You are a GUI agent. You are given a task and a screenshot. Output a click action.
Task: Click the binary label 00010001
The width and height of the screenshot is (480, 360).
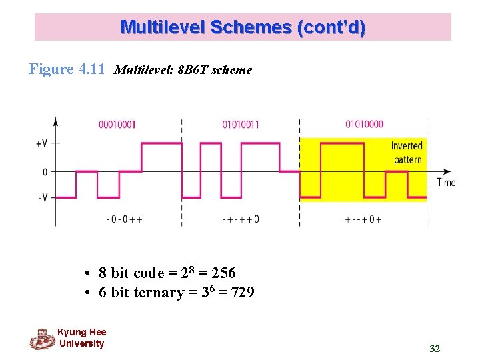tap(117, 125)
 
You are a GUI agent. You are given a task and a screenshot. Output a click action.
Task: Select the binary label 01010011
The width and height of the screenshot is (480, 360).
tap(241, 125)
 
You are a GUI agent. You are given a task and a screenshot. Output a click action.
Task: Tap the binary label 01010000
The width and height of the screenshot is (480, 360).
tap(364, 125)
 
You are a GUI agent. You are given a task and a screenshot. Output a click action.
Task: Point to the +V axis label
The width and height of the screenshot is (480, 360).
tap(41, 143)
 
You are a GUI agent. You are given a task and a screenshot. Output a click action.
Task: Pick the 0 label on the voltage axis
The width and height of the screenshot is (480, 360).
tap(45, 171)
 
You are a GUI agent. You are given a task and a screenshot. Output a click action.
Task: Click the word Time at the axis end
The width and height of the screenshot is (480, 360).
tap(446, 182)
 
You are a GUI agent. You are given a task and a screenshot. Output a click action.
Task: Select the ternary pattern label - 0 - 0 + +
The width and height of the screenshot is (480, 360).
tap(124, 219)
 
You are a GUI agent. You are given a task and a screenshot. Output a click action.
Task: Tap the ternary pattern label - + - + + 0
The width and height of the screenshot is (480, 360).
tap(240, 219)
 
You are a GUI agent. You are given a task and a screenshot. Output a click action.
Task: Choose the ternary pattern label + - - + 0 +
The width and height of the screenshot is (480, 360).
tap(363, 219)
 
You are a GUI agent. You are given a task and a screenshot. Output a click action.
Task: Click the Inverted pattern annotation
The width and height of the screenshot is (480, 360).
tap(407, 153)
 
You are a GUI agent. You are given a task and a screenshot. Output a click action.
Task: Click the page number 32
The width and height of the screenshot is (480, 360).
tap(435, 349)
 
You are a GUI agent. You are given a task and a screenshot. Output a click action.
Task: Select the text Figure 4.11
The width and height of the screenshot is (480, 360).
tap(67, 69)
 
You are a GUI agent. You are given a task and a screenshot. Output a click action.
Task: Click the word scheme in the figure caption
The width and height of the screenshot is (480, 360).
tap(231, 70)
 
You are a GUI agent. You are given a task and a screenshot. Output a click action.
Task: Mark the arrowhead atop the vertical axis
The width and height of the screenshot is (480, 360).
tap(55, 121)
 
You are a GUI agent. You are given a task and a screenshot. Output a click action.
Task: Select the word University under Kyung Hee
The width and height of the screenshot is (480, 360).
tap(81, 344)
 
